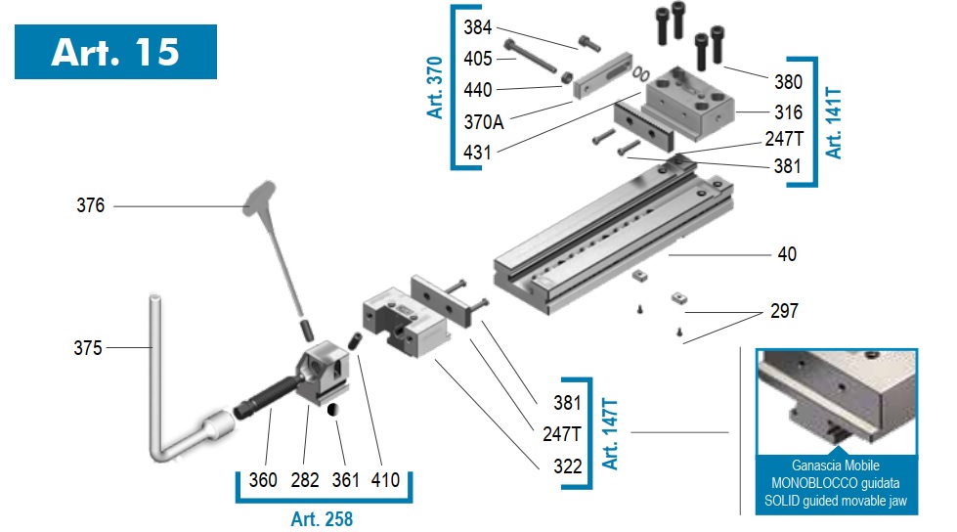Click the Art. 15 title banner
pyautogui.click(x=115, y=52)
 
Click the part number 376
pyautogui.click(x=90, y=205)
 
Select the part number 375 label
pyautogui.click(x=87, y=348)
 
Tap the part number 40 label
pyautogui.click(x=787, y=254)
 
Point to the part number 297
pyautogui.click(x=784, y=311)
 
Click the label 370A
pyautogui.click(x=483, y=122)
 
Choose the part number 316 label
pyautogui.click(x=788, y=112)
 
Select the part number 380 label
pyautogui.click(x=788, y=82)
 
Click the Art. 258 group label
pyautogui.click(x=322, y=519)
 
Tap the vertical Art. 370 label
pyautogui.click(x=435, y=87)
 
